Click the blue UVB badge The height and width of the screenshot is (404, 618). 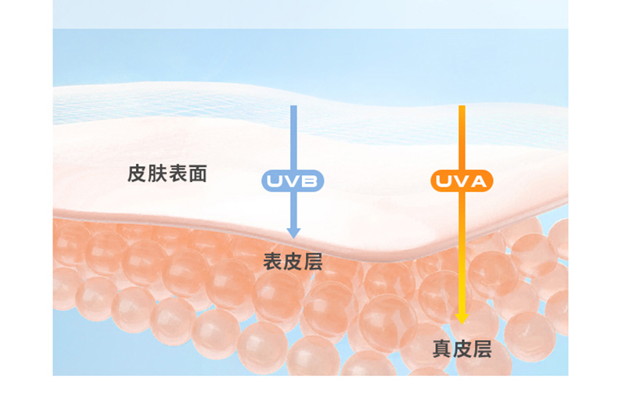click(x=293, y=181)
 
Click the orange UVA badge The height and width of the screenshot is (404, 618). click(x=462, y=181)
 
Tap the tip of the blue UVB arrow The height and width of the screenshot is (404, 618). click(x=293, y=236)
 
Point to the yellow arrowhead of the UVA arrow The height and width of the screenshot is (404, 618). click(x=462, y=319)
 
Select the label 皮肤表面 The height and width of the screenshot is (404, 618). click(x=167, y=173)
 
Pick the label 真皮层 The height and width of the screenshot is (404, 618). click(x=462, y=349)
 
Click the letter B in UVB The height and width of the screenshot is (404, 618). click(x=310, y=181)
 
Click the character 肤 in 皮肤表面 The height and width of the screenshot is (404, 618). click(x=157, y=173)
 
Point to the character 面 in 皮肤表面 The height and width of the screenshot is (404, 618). click(x=198, y=173)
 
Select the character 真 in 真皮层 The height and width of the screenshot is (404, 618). click(x=442, y=349)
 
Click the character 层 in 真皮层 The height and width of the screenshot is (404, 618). click(x=483, y=349)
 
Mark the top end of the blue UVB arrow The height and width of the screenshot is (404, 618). click(x=293, y=107)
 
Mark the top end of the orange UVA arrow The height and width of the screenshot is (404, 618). click(x=462, y=107)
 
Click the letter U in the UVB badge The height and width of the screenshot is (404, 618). click(x=275, y=181)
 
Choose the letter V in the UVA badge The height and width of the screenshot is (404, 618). click(x=461, y=181)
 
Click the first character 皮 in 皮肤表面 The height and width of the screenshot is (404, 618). click(x=137, y=173)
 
